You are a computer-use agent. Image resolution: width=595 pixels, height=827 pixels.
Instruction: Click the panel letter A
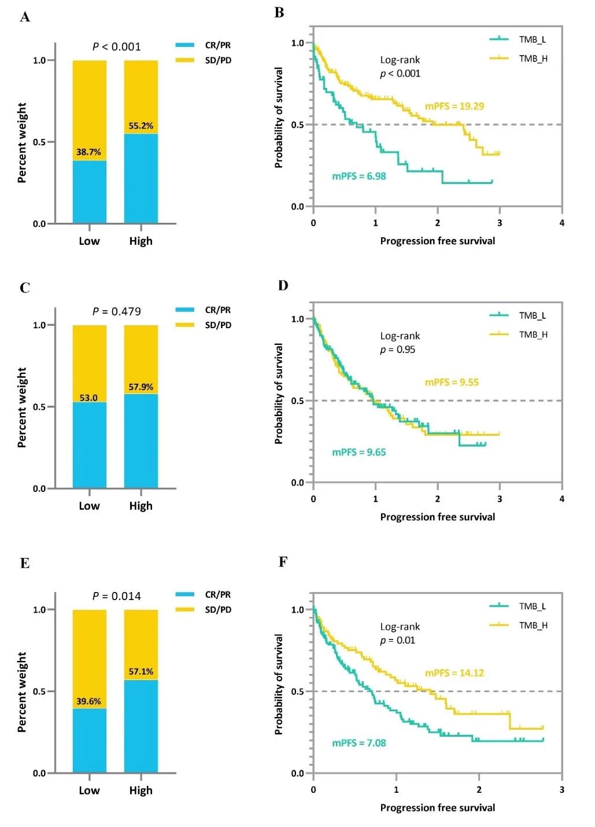tap(24, 17)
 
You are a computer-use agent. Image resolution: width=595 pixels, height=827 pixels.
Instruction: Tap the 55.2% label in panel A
tap(141, 126)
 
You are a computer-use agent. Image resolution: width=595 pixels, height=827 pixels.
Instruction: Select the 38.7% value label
tap(88, 152)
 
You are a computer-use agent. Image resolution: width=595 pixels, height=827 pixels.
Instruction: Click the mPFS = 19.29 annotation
tap(454, 106)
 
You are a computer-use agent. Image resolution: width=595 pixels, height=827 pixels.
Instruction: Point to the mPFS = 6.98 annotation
tap(359, 176)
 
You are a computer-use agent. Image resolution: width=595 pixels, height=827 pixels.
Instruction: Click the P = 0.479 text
tap(116, 311)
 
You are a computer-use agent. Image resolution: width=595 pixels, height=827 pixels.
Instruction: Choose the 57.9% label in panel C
tap(141, 387)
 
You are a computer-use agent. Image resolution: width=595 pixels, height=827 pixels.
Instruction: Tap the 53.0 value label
tap(88, 398)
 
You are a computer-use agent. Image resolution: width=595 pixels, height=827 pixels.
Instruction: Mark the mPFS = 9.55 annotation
tap(452, 382)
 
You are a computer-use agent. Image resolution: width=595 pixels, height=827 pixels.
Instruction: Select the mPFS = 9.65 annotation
tap(359, 452)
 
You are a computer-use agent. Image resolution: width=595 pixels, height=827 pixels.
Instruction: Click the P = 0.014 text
tap(116, 596)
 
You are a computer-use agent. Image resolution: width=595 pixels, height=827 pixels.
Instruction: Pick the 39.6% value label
tap(88, 701)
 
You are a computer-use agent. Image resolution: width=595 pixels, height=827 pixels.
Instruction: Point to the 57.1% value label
tap(141, 671)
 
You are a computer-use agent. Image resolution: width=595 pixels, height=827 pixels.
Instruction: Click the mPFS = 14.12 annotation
tap(454, 672)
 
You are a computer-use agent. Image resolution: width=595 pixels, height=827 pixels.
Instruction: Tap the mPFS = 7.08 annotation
tap(359, 743)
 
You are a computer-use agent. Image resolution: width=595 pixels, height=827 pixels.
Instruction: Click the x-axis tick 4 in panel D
tap(561, 499)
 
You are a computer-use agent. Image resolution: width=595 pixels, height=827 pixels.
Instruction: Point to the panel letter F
tap(283, 561)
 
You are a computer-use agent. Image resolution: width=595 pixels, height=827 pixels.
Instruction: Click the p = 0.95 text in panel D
tap(397, 350)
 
